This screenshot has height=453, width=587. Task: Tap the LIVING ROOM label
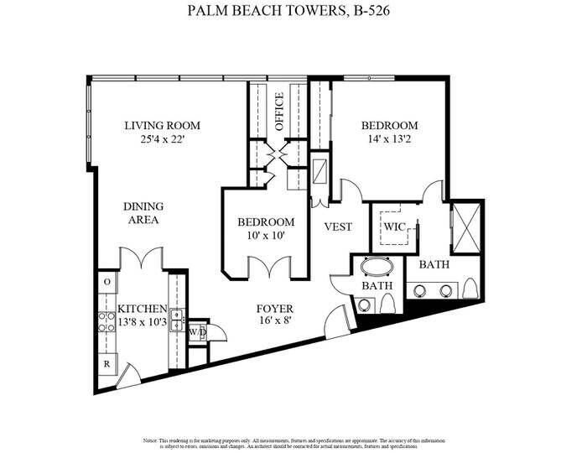coord(162,126)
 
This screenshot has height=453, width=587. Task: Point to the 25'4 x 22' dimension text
coord(162,140)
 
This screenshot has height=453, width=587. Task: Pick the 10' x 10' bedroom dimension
coord(266,236)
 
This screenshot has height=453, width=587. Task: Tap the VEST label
coord(337,227)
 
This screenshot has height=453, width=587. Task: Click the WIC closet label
coord(394,226)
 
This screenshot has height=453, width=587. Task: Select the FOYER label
coord(274,309)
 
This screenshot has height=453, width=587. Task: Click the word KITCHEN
coord(141,309)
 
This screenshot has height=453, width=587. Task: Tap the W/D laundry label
coord(197,332)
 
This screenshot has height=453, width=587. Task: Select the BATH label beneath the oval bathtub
coord(377,286)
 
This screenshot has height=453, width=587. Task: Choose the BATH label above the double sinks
coord(434,264)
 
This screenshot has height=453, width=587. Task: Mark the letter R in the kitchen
coord(107,364)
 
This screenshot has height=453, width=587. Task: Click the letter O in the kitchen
coord(107,282)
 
